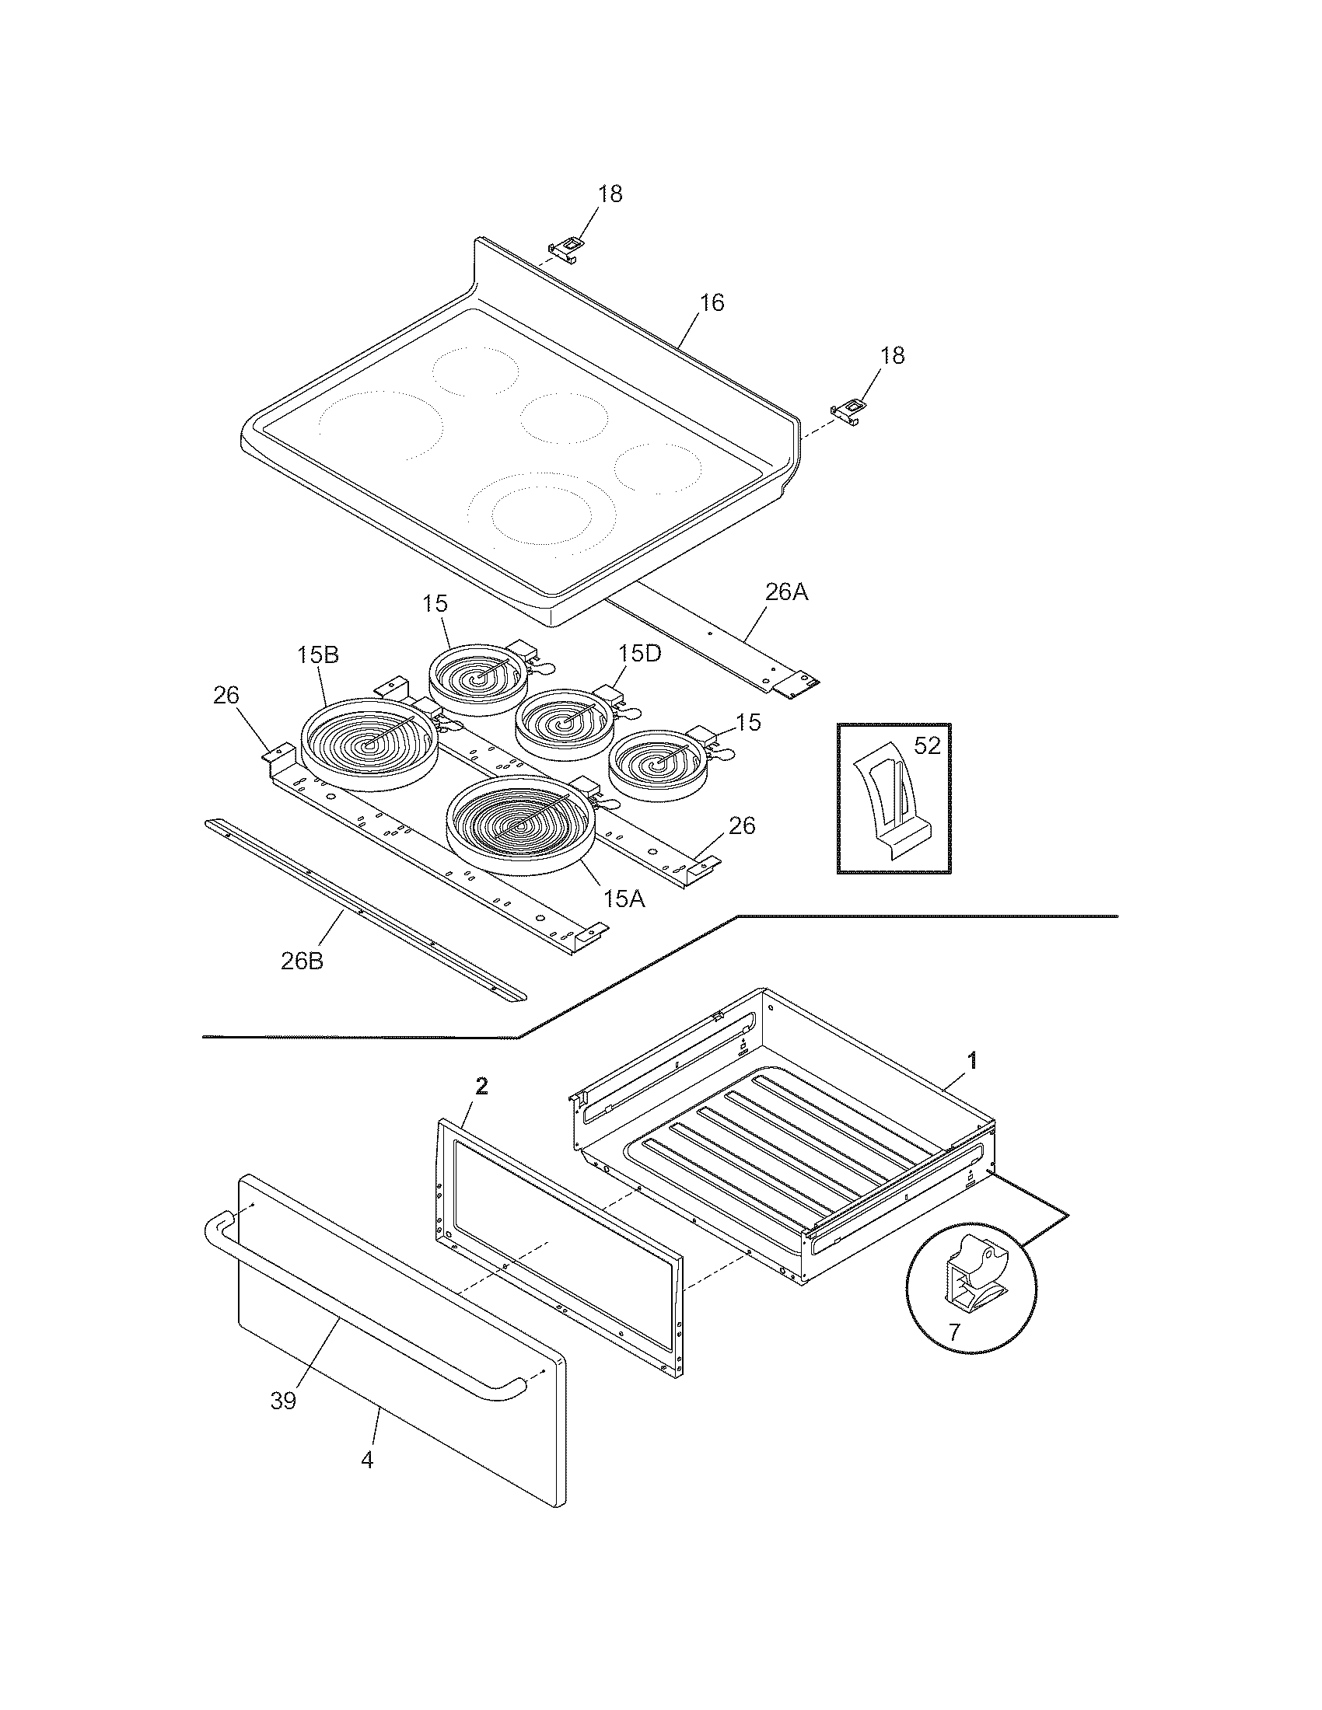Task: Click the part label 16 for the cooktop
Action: point(711,303)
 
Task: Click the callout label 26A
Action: point(786,593)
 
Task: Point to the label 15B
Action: point(317,654)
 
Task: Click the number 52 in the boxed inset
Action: point(926,746)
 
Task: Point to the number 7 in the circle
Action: point(953,1332)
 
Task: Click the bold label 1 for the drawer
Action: point(972,1061)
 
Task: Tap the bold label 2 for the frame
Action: point(481,1085)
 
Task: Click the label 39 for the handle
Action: point(283,1401)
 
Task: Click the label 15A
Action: point(624,899)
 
